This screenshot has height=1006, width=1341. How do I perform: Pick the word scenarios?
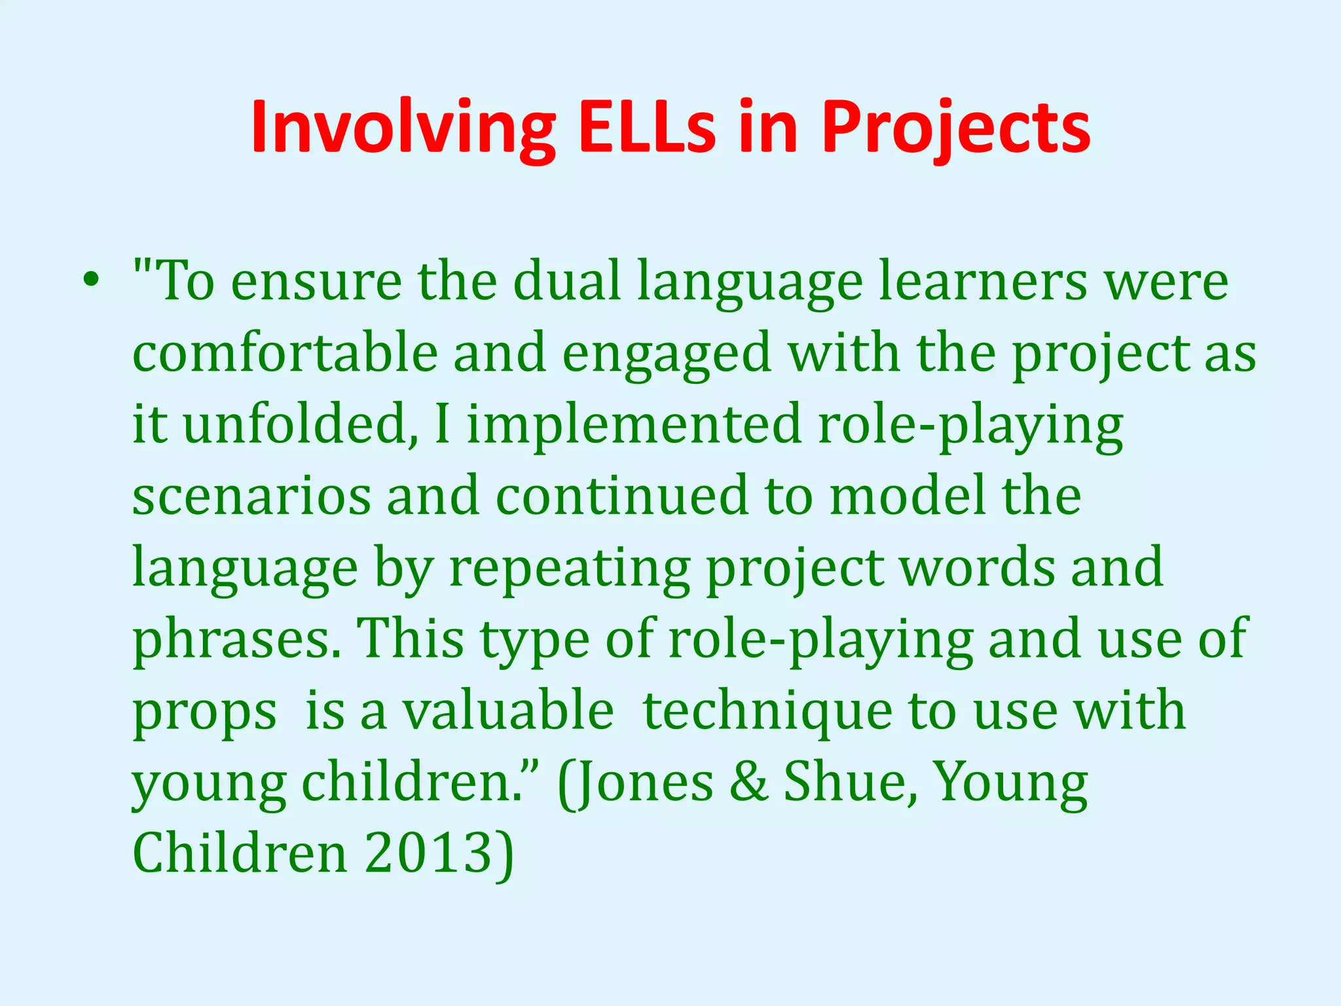coord(251,496)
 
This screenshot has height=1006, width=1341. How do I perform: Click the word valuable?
coord(507,711)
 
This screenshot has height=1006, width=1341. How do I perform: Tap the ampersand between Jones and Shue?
coord(748,783)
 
